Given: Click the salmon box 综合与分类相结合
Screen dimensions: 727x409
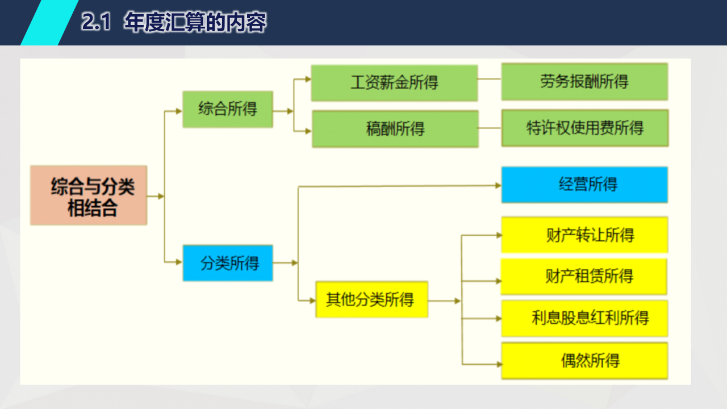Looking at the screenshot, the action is pos(89,195).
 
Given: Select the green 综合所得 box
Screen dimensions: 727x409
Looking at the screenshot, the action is pos(228,109).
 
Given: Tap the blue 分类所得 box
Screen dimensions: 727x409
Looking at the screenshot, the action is pos(228,263).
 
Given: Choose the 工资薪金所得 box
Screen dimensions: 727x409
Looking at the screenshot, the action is pos(394,83).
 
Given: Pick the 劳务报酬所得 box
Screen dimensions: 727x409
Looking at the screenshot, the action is pos(584,81).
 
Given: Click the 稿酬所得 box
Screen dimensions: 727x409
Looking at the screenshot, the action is pos(395,129).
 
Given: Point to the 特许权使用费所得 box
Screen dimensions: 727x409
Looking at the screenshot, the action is pos(585,128).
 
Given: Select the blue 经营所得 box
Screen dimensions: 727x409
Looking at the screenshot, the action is pos(584,185).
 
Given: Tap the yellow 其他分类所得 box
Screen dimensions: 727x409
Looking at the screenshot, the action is pos(371,299).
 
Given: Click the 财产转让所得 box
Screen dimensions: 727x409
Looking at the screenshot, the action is pos(584,235).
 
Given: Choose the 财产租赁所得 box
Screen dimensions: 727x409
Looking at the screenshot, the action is pos(584,277).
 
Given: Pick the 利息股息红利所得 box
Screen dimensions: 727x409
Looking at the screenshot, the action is pos(584,318).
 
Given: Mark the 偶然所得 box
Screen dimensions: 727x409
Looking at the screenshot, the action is pos(584,361).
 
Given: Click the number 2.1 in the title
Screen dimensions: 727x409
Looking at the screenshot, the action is pos(95,22).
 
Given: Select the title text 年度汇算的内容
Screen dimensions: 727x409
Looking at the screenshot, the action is pos(195,22).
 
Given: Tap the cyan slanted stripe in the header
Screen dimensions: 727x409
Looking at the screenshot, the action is pos(49,22).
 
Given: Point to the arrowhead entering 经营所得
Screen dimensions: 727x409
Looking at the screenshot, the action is pos(498,185).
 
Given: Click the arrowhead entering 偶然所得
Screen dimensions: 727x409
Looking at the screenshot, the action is pos(499,364).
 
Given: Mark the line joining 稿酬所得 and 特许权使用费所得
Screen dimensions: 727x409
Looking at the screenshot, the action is pos(490,128).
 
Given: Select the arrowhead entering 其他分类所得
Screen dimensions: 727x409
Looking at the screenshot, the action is pos(312,301).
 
